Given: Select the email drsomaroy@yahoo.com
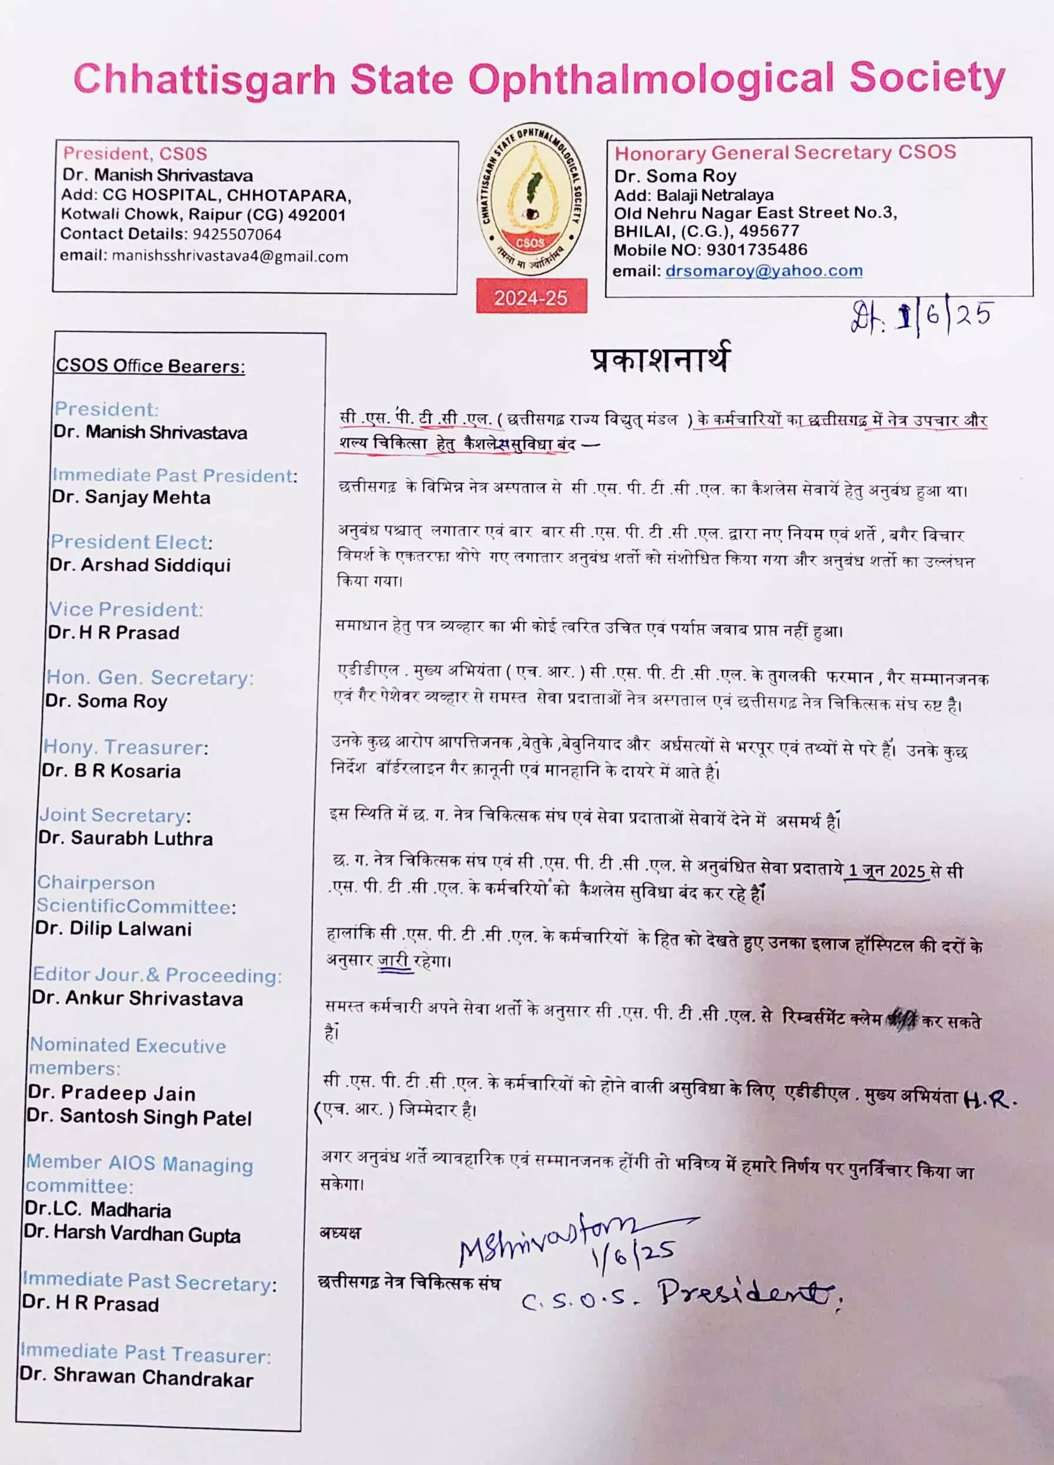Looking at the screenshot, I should (763, 271).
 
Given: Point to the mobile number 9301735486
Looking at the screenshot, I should (756, 250).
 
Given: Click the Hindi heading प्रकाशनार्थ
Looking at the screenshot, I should (660, 359).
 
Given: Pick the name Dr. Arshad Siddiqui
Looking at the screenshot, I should (141, 565).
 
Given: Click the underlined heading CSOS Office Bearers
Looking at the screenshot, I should (151, 366).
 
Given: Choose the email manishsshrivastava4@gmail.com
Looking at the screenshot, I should (230, 257).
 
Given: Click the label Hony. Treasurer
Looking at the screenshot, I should (125, 748).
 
